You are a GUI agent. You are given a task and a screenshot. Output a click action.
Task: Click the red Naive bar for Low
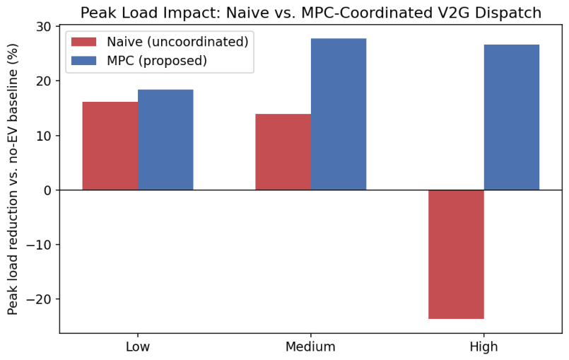pyautogui.click(x=110, y=146)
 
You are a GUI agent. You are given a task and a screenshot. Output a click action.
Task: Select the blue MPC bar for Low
pyautogui.click(x=165, y=140)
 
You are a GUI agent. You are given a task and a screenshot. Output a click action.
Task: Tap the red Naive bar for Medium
pyautogui.click(x=283, y=152)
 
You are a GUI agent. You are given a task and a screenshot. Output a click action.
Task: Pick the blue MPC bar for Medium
pyautogui.click(x=339, y=114)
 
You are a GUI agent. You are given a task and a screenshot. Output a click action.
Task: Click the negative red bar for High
pyautogui.click(x=456, y=255)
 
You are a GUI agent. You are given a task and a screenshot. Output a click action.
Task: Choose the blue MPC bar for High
pyautogui.click(x=512, y=117)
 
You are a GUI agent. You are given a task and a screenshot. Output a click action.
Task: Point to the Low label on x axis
pyautogui.click(x=138, y=347)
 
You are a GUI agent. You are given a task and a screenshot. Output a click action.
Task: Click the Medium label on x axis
pyautogui.click(x=310, y=347)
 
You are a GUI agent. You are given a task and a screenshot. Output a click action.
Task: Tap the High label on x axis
pyautogui.click(x=483, y=347)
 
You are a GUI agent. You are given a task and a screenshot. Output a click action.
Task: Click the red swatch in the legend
pyautogui.click(x=84, y=42)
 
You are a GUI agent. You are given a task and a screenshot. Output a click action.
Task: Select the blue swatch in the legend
pyautogui.click(x=84, y=60)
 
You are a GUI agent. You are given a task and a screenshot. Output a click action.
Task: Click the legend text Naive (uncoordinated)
pyautogui.click(x=177, y=42)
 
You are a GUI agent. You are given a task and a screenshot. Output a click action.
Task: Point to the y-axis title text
pyautogui.click(x=13, y=180)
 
